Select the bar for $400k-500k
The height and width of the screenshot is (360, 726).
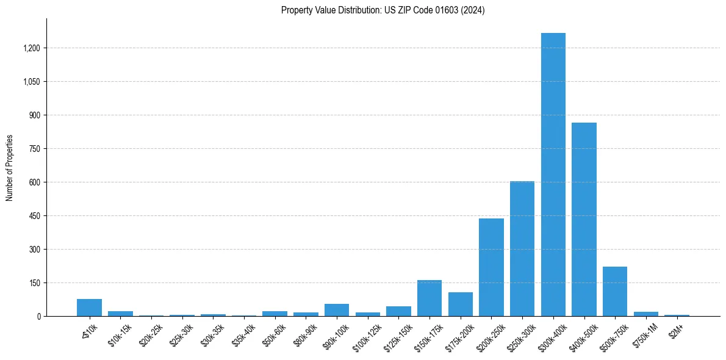pos(584,220)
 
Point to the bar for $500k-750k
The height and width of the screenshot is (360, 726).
pos(615,292)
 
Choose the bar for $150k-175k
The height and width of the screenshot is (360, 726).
pos(429,298)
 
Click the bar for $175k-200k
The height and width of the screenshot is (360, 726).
pos(461,304)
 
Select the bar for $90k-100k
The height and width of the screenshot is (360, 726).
pos(337,310)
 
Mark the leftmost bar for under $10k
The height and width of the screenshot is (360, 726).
pos(89,308)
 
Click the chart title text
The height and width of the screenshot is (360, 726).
pos(383,10)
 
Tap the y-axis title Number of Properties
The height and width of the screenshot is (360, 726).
pos(10,168)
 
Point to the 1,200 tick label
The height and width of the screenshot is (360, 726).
pos(31,48)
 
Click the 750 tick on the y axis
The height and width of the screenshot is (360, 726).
pos(35,149)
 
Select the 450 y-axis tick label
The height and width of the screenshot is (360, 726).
pos(35,216)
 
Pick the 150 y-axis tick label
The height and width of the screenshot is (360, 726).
pos(35,283)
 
